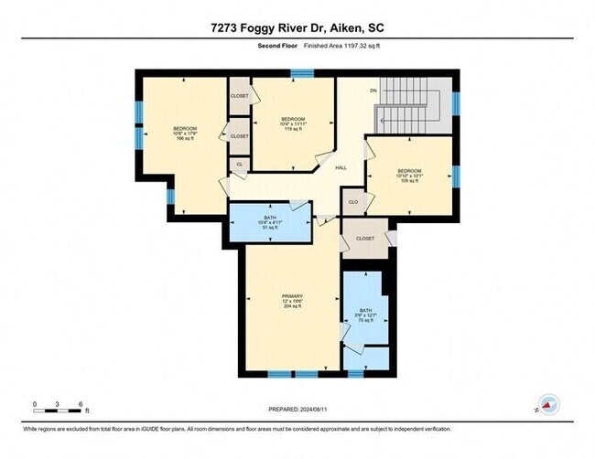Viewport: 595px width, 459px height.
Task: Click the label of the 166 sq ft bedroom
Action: point(184,134)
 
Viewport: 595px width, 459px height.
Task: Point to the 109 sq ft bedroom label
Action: point(409,176)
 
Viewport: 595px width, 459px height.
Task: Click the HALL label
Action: point(341,168)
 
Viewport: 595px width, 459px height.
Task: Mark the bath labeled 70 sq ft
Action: point(365,315)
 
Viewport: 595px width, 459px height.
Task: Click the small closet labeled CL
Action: point(240,165)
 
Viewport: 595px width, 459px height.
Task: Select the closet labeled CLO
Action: point(353,201)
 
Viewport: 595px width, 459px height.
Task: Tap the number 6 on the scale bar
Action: point(82,403)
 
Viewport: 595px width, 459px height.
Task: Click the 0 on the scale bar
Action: point(34,403)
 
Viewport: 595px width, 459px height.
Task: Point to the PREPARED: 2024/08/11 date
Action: point(298,409)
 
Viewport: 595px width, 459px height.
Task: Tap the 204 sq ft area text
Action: point(292,306)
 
